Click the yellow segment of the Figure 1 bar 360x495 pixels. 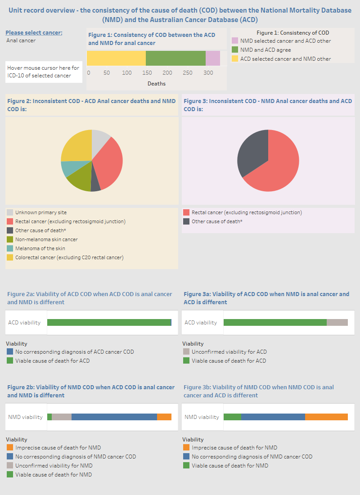116,58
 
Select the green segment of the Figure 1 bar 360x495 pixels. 175,58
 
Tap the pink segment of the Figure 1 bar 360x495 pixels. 213,58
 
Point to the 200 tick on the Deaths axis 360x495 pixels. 167,73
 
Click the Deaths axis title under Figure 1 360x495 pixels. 157,84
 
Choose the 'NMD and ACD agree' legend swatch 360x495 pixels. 234,50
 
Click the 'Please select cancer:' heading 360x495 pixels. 34,32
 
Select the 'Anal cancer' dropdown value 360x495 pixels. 21,40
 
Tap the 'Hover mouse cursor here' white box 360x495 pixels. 44,72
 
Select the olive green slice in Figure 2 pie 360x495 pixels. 80,181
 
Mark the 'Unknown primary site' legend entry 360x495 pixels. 40,212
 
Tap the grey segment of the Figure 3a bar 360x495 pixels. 337,322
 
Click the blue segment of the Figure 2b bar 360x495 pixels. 114,417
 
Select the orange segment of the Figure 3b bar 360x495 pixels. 326,417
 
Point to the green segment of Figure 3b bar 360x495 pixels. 232,417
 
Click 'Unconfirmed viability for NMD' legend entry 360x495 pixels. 54,466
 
